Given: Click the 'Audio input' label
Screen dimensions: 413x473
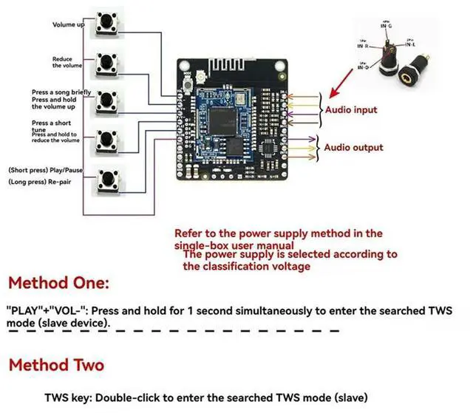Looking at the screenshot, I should click(x=351, y=110).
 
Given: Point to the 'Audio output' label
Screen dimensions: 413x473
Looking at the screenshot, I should click(x=353, y=147).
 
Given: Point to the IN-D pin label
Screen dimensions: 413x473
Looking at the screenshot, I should click(x=364, y=67).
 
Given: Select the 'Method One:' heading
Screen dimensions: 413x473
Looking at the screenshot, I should click(x=58, y=282).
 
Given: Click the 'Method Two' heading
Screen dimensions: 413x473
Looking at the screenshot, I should click(x=56, y=365).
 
